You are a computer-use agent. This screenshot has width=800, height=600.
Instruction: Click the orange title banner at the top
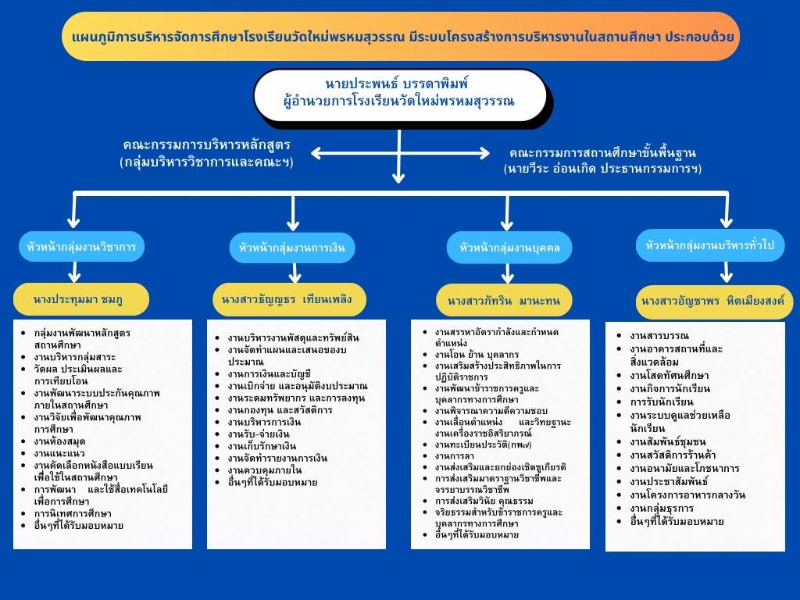[400, 36]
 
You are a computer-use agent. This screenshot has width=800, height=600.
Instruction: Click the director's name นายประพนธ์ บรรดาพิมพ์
[399, 84]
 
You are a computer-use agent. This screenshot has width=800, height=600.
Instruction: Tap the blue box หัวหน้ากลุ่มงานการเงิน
[292, 248]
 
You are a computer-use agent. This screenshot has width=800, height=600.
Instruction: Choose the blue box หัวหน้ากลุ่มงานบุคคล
[509, 248]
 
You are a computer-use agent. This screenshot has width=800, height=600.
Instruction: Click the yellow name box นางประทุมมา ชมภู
[79, 298]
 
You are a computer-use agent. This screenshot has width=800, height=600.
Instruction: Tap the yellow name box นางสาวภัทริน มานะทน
[509, 300]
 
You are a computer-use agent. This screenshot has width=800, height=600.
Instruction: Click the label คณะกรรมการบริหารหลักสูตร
[206, 146]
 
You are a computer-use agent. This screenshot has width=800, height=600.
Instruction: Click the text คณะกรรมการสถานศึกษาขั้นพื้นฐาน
[602, 152]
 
